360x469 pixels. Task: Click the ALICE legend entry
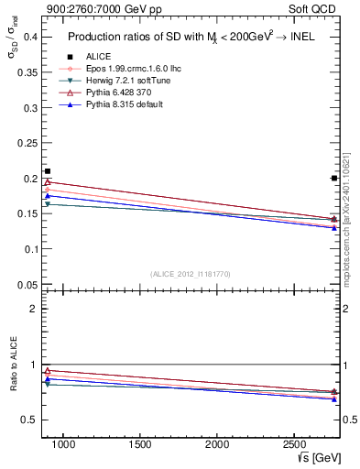coord(86,56)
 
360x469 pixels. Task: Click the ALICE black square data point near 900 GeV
coord(48,171)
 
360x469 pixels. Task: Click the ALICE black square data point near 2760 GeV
coord(333,178)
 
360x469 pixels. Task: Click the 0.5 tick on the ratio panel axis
coord(29,420)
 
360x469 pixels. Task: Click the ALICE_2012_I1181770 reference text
coord(190,274)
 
